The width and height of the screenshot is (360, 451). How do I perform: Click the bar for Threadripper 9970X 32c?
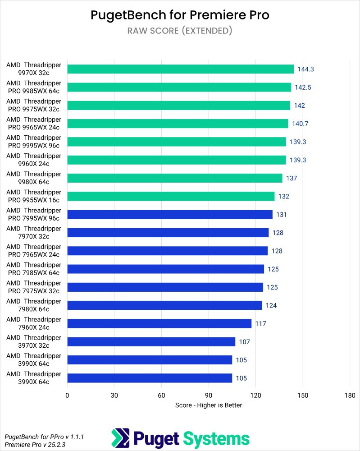[180, 69]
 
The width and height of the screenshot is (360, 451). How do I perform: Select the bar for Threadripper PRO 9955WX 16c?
[171, 196]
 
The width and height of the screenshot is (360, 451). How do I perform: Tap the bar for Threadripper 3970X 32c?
[151, 342]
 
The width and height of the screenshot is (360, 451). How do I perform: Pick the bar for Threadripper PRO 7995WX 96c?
[170, 215]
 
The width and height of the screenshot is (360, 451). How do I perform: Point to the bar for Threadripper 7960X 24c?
[159, 323]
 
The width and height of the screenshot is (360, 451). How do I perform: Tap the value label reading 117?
[260, 323]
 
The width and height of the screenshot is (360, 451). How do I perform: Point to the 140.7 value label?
[301, 124]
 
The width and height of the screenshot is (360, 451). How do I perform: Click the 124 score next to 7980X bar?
[271, 305]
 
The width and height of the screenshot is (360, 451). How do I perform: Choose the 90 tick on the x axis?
[209, 396]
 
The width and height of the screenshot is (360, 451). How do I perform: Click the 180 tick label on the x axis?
[350, 396]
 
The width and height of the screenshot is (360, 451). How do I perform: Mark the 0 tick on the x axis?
[68, 396]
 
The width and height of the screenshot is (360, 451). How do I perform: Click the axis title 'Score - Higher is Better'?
[209, 405]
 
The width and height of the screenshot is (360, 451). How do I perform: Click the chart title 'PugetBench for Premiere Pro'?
[180, 15]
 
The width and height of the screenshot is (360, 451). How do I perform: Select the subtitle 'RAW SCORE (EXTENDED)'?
[180, 31]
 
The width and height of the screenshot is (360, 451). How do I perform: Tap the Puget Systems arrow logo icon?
[120, 438]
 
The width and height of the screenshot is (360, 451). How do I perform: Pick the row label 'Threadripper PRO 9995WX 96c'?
[34, 142]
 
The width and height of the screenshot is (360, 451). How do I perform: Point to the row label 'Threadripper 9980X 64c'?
[34, 178]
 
